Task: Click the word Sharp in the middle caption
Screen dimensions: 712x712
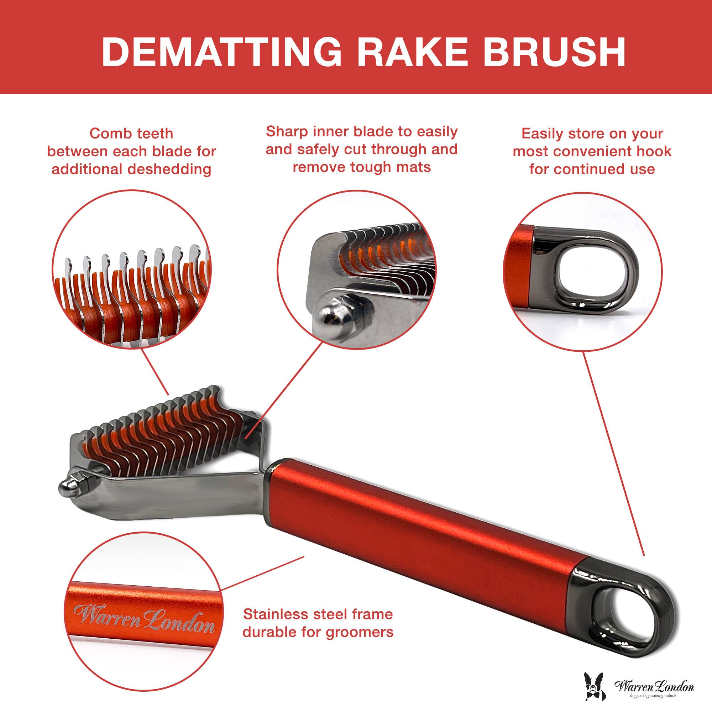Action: click(x=287, y=131)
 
